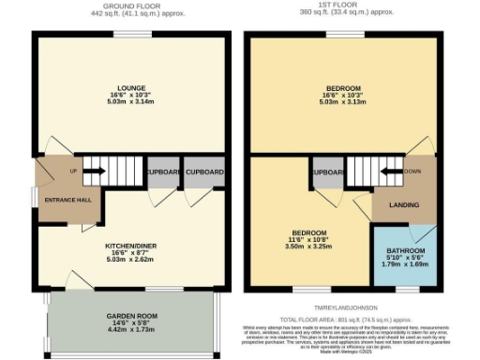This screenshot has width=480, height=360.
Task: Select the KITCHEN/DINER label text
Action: click(131, 242)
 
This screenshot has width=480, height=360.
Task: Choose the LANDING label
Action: click(405, 204)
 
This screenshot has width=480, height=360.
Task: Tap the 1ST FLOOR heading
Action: click(342, 5)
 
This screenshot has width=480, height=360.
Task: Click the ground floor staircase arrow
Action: click(95, 172)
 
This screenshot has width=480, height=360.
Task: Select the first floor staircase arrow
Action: click(384, 172)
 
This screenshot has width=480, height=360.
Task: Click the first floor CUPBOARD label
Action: click(327, 172)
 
